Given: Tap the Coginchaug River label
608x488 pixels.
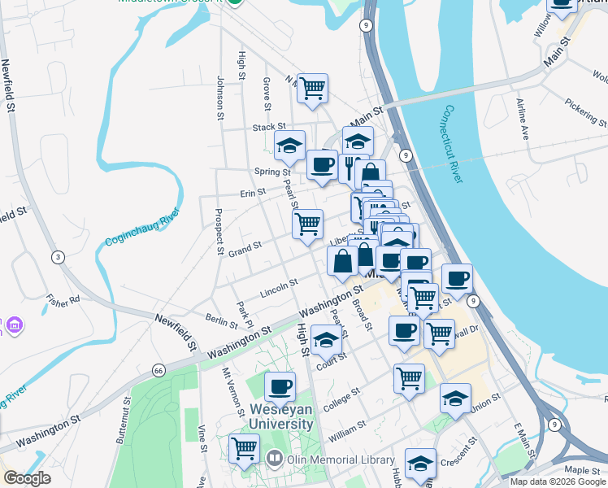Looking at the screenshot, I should pos(142,230).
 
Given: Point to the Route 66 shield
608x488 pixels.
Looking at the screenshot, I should pos(158,371).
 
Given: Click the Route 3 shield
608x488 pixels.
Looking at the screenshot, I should pos(57,258).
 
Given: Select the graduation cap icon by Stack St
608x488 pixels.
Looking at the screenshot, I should pos(289,146).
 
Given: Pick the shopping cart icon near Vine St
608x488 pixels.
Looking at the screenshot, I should pos(244,448).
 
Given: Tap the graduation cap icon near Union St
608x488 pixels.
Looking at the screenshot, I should pos(455,399).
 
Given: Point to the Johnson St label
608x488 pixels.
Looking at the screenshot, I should pos(219,98).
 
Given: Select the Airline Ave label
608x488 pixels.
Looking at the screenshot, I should pos(523,119).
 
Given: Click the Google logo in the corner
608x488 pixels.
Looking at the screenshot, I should pos(27,478).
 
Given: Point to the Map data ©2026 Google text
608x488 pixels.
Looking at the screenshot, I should pos(558,481).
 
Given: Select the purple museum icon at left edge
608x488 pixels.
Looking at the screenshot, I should pos(12,325).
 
